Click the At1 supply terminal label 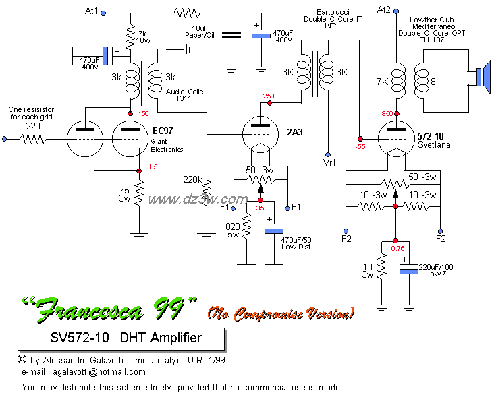[x=92, y=11]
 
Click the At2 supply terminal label [x=383, y=9]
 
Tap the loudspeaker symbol [x=481, y=77]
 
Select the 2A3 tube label [x=296, y=132]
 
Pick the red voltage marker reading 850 [x=386, y=113]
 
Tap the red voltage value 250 [x=268, y=96]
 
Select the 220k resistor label [x=193, y=180]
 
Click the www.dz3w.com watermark [x=198, y=199]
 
